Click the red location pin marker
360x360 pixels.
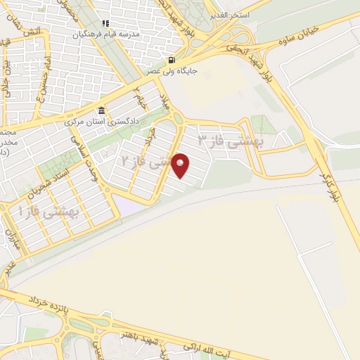pyautogui.click(x=181, y=166)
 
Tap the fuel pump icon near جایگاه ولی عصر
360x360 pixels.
pyautogui.click(x=172, y=59)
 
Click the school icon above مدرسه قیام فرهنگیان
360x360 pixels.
pyautogui.click(x=106, y=23)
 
